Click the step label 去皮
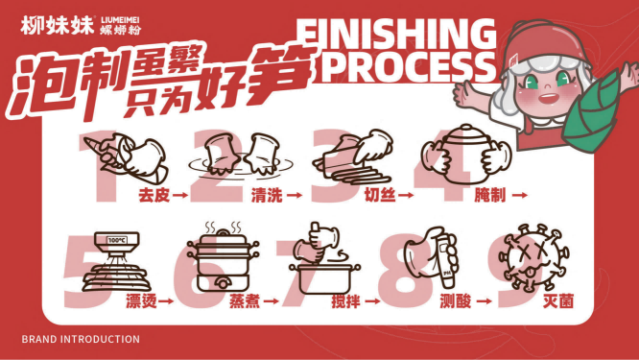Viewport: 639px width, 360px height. [x=154, y=195]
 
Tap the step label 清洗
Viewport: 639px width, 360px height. [x=267, y=195]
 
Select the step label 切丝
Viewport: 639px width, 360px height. [x=380, y=195]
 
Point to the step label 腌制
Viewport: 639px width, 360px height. [x=490, y=195]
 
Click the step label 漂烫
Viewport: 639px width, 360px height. [x=141, y=301]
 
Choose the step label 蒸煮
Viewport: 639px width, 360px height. [x=245, y=301]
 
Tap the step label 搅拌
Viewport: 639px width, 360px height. [x=346, y=301]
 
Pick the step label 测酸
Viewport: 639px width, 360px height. [x=456, y=301]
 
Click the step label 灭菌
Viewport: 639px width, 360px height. [x=558, y=301]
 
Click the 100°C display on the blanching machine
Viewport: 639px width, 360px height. [x=117, y=240]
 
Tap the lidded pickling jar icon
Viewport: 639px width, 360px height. [x=466, y=155]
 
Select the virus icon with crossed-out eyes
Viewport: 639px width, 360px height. [x=533, y=257]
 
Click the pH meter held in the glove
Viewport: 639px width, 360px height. [x=448, y=261]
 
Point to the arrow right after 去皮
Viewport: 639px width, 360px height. [x=180, y=196]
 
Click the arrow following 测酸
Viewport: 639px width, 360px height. [x=485, y=301]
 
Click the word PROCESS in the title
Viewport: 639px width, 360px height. [x=408, y=67]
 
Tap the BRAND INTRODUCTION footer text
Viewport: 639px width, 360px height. [x=81, y=339]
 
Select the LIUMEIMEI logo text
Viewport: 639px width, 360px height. [x=120, y=20]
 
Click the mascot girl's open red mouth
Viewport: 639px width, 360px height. [x=548, y=98]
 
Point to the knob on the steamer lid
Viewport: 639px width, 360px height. [x=223, y=232]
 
